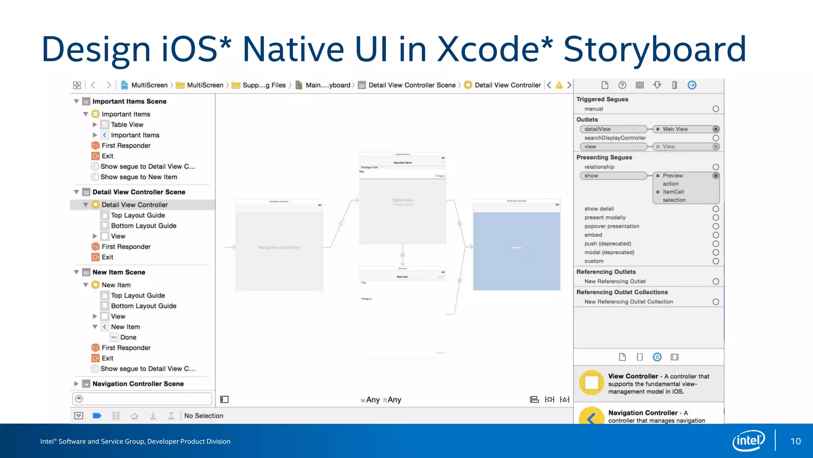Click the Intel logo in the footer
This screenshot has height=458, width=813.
[x=748, y=441]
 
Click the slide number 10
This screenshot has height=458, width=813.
[x=795, y=441]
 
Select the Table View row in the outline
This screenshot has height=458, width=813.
[x=127, y=124]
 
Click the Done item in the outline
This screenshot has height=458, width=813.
[x=128, y=337]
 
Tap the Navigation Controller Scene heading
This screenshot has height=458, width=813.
[x=138, y=384]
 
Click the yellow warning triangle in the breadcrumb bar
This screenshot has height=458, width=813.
[x=559, y=85]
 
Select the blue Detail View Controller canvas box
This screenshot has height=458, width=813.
[x=516, y=250]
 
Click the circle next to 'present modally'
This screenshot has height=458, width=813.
[x=715, y=217]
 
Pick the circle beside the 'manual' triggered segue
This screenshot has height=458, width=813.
[x=715, y=109]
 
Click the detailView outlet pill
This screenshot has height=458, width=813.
[x=613, y=129]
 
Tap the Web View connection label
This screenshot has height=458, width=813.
[x=675, y=129]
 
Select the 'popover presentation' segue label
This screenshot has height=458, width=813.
[x=611, y=226]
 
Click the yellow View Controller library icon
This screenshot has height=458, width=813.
[x=591, y=383]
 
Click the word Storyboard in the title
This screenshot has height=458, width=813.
[x=655, y=49]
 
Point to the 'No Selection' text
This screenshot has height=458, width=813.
[x=203, y=415]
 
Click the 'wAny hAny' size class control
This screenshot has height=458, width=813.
[x=381, y=400]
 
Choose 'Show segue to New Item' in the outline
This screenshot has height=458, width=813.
[x=139, y=177]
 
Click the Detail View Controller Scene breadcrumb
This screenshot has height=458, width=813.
[x=412, y=85]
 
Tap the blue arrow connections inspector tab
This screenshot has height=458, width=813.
[x=692, y=85]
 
